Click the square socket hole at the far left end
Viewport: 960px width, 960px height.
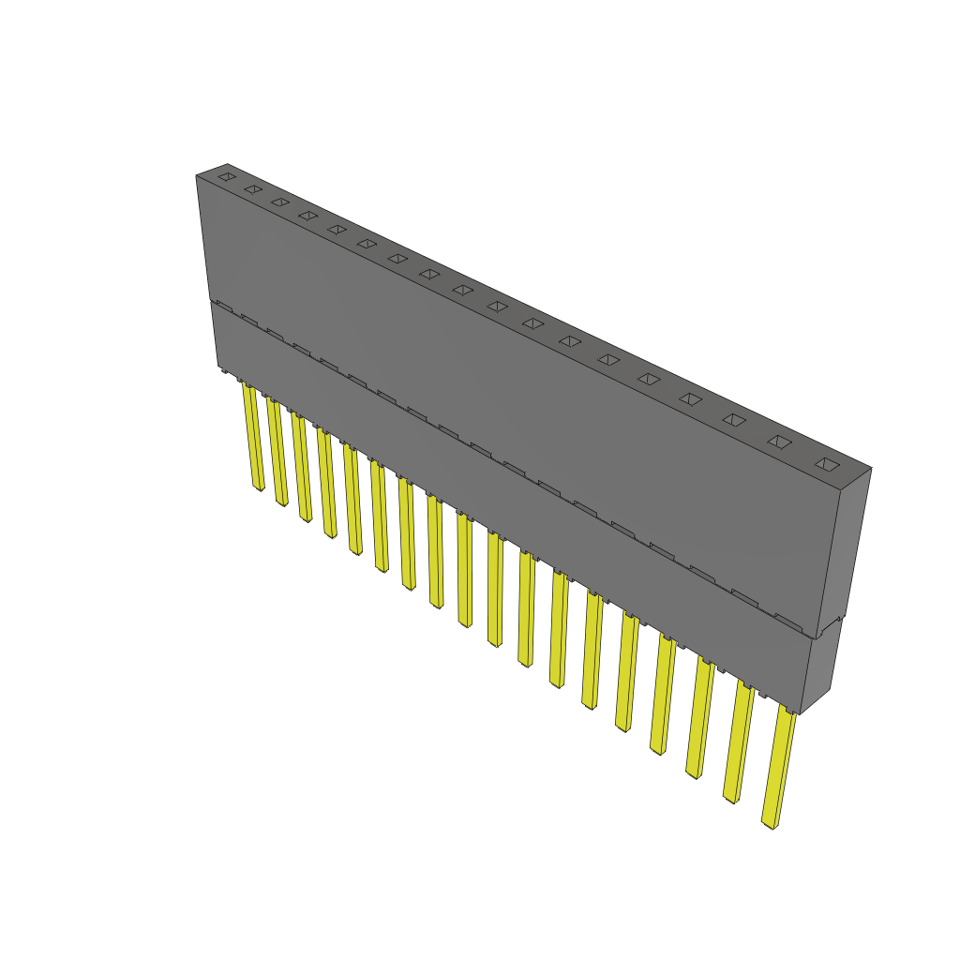pyautogui.click(x=227, y=175)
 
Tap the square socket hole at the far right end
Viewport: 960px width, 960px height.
pyautogui.click(x=826, y=463)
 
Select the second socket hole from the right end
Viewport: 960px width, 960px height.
pyautogui.click(x=779, y=441)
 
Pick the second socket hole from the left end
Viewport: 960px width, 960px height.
pyautogui.click(x=252, y=188)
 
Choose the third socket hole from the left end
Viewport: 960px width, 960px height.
pyautogui.click(x=279, y=202)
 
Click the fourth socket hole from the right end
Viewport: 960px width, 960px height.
pyautogui.click(x=690, y=398)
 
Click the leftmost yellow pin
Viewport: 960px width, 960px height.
pyautogui.click(x=252, y=436)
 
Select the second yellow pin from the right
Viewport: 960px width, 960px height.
pyautogui.click(x=740, y=741)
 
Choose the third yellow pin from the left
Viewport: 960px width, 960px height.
pyautogui.click(x=301, y=467)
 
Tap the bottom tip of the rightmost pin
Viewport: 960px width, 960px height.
pyautogui.click(x=769, y=824)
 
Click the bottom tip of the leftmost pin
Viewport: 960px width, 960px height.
pyautogui.click(x=259, y=487)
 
